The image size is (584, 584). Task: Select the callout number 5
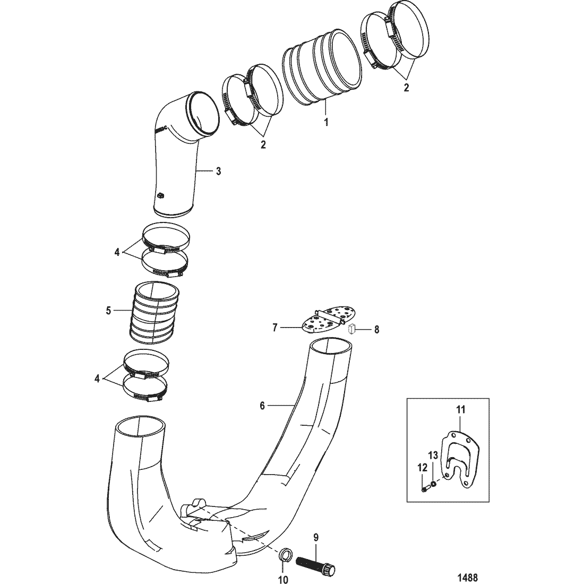click(109, 310)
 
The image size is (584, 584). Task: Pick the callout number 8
click(376, 329)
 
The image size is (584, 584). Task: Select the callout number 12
click(422, 468)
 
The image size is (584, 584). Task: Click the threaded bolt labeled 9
click(315, 564)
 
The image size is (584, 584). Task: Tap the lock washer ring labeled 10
click(285, 557)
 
